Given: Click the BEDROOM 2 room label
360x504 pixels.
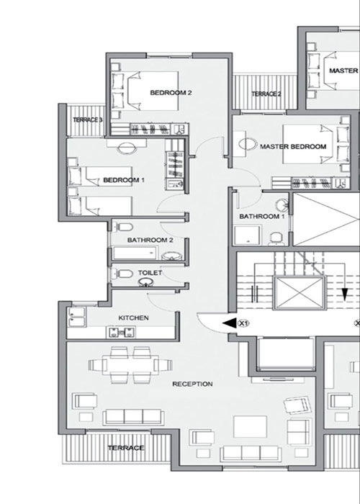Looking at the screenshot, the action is (x=171, y=93).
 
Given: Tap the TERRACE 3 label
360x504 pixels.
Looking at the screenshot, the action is (x=87, y=120).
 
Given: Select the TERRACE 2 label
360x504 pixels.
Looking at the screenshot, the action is (x=266, y=94).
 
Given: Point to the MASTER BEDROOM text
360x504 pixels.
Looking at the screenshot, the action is (x=293, y=147).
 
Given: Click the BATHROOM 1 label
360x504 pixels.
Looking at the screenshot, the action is (x=261, y=216).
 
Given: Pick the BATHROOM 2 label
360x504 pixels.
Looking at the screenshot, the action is (x=150, y=240).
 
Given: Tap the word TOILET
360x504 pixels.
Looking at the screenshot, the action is (x=150, y=273).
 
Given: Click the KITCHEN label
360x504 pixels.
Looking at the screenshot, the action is (x=133, y=318).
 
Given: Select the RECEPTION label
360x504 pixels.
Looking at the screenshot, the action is (x=192, y=384).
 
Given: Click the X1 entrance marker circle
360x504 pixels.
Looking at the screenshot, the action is (x=243, y=323).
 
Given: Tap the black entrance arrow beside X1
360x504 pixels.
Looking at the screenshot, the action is (x=229, y=323).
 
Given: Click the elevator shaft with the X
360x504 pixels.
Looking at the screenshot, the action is (x=300, y=293).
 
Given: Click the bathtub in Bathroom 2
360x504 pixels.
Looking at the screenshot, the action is (x=135, y=253).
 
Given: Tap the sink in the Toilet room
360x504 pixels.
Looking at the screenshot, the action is (x=146, y=282).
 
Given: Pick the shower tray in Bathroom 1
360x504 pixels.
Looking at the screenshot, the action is (x=247, y=235).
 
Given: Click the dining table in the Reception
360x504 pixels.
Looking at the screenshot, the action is (x=130, y=365).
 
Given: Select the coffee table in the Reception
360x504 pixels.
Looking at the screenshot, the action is (x=250, y=426).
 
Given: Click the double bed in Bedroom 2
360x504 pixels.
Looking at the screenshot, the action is (x=145, y=91).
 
